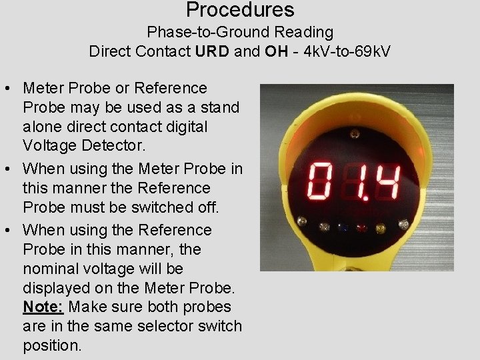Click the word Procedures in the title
[240, 10]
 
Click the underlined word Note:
[43, 307]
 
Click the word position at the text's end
[51, 346]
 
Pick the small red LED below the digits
[362, 227]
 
